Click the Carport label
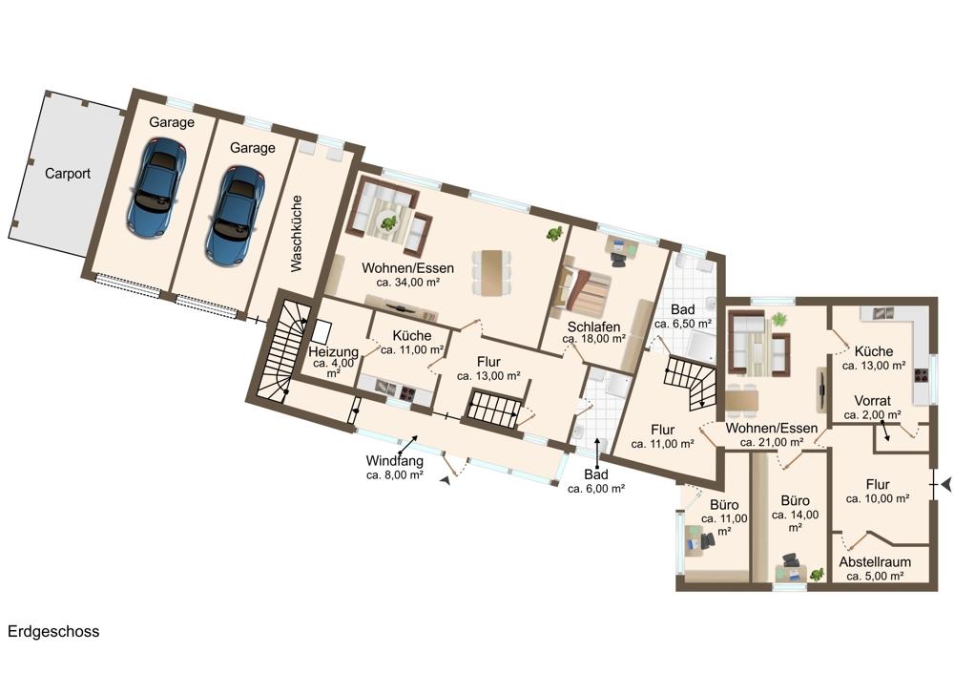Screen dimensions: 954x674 click(68, 174)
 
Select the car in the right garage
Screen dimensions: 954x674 click(235, 216)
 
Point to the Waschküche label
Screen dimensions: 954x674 click(297, 233)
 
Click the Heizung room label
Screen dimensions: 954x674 click(333, 352)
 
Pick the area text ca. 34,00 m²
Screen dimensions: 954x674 click(407, 283)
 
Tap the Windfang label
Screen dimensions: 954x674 click(394, 461)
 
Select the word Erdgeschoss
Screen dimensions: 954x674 click(53, 631)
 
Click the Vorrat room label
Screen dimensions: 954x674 click(873, 401)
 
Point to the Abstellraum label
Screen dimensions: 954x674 click(875, 562)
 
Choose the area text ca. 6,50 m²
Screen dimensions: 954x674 click(683, 324)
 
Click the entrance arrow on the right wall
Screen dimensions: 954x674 click(945, 485)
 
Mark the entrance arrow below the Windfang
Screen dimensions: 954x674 click(446, 480)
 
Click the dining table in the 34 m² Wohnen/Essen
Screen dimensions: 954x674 click(492, 272)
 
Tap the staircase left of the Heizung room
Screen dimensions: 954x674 click(280, 349)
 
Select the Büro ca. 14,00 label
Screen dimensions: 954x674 click(796, 514)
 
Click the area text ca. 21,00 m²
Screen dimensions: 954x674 click(772, 443)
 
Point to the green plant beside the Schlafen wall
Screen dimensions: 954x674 click(553, 233)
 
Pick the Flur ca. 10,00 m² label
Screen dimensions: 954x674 click(878, 492)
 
